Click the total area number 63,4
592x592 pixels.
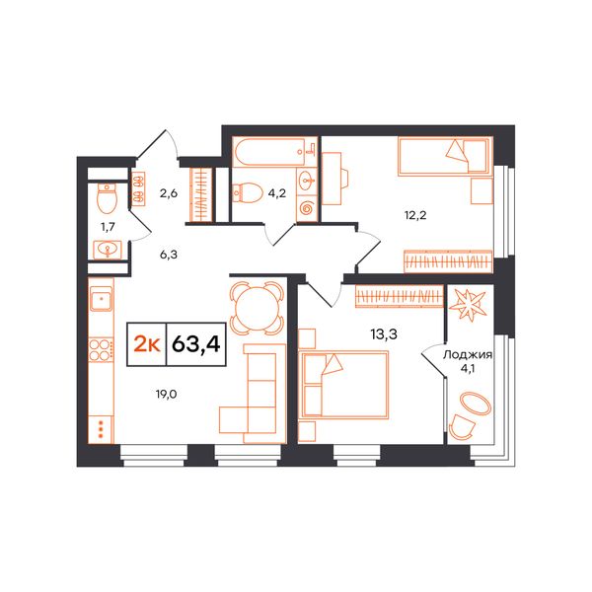tap(196, 344)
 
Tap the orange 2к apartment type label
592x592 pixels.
tap(147, 344)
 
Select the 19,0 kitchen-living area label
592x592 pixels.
tap(166, 395)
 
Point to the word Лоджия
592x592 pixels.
tap(468, 355)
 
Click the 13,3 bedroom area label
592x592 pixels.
tap(384, 334)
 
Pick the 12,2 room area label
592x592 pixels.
tap(415, 215)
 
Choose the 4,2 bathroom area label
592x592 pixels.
tap(276, 193)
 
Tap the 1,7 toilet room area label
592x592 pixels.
tap(108, 227)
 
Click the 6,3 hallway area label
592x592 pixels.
tap(169, 255)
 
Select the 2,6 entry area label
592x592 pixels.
tap(169, 193)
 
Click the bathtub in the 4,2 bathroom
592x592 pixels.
tap(274, 152)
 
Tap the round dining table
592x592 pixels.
tap(257, 308)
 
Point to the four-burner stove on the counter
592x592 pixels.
tap(101, 350)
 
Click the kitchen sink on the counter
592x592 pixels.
tap(101, 298)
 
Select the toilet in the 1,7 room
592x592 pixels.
tap(107, 198)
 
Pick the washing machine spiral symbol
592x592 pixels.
tap(307, 209)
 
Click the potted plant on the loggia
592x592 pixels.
tap(470, 304)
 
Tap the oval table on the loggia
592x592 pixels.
tap(475, 404)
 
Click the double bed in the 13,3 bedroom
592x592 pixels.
tap(343, 385)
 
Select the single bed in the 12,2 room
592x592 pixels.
tap(446, 156)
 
